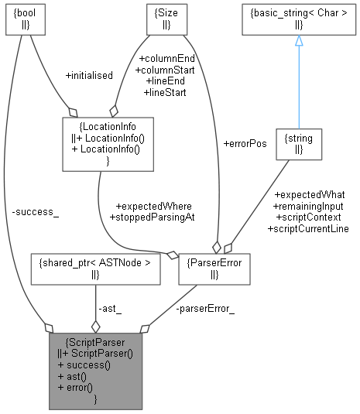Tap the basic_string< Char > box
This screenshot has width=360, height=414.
click(x=298, y=21)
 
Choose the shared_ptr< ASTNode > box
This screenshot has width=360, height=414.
click(x=94, y=268)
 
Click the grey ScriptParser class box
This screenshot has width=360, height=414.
click(x=95, y=371)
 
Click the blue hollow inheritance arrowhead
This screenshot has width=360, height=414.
click(x=298, y=40)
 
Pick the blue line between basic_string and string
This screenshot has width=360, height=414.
click(x=298, y=85)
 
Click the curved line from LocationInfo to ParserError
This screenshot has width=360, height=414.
click(x=116, y=232)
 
